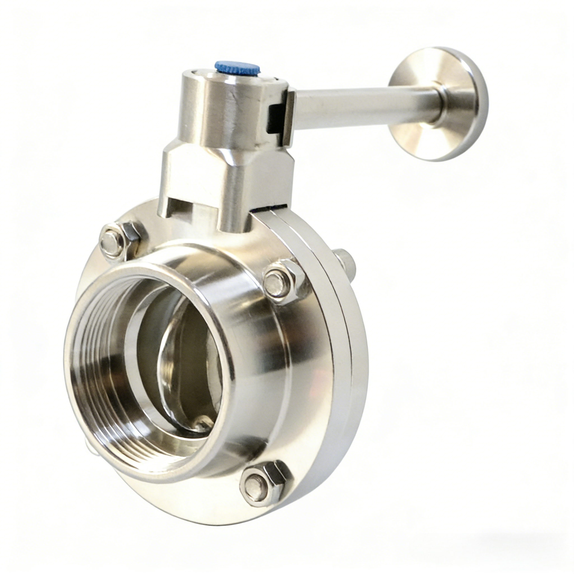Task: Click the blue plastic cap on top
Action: tap(238, 68)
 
